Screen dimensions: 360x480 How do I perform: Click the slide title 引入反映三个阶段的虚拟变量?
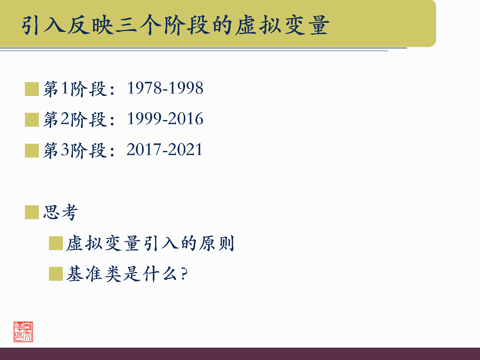tap(176, 25)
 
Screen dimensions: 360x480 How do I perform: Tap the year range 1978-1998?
tap(165, 88)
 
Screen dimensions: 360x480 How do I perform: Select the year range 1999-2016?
tap(165, 119)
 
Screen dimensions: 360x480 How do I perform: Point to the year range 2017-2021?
tap(164, 149)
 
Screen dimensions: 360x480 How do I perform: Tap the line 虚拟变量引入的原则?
tap(150, 243)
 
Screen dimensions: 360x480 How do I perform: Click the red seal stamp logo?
tap(23, 332)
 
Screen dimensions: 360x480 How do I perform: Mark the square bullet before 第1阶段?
tap(32, 89)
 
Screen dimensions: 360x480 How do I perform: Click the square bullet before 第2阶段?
tap(32, 119)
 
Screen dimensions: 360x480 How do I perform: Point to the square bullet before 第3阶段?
tap(32, 150)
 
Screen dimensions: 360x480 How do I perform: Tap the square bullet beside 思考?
tap(32, 212)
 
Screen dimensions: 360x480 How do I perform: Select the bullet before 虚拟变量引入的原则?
tap(56, 243)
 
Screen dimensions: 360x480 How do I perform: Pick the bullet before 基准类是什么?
tap(56, 274)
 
